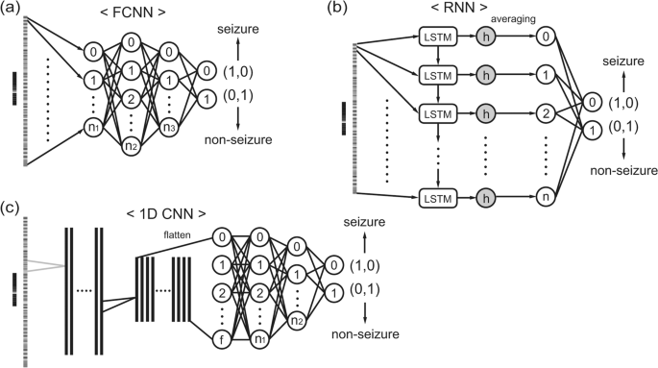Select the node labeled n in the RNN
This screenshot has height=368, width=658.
[x=546, y=199]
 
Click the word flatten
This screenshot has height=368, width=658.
[x=183, y=231]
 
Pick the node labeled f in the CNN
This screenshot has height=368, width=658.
[x=220, y=338]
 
